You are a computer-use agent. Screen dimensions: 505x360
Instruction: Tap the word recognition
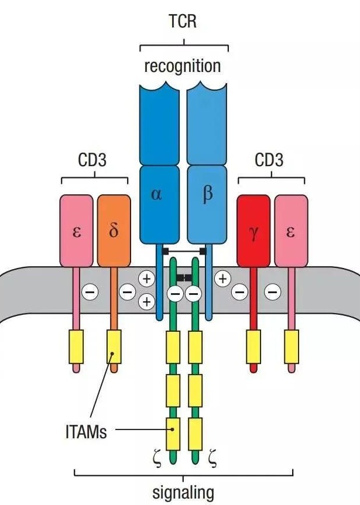[183, 66]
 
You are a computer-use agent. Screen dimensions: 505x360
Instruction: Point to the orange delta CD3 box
[114, 230]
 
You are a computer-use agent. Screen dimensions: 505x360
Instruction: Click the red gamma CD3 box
[253, 230]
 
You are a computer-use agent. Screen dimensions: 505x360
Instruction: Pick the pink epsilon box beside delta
[77, 230]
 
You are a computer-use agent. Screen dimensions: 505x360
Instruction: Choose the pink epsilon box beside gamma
[290, 230]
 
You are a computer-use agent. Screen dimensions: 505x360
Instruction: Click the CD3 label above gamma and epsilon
[269, 160]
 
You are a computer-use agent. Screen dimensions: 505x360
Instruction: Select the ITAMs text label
[87, 434]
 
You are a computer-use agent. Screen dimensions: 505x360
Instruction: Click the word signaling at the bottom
[183, 492]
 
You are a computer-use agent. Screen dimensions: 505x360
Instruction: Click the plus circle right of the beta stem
[223, 279]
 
